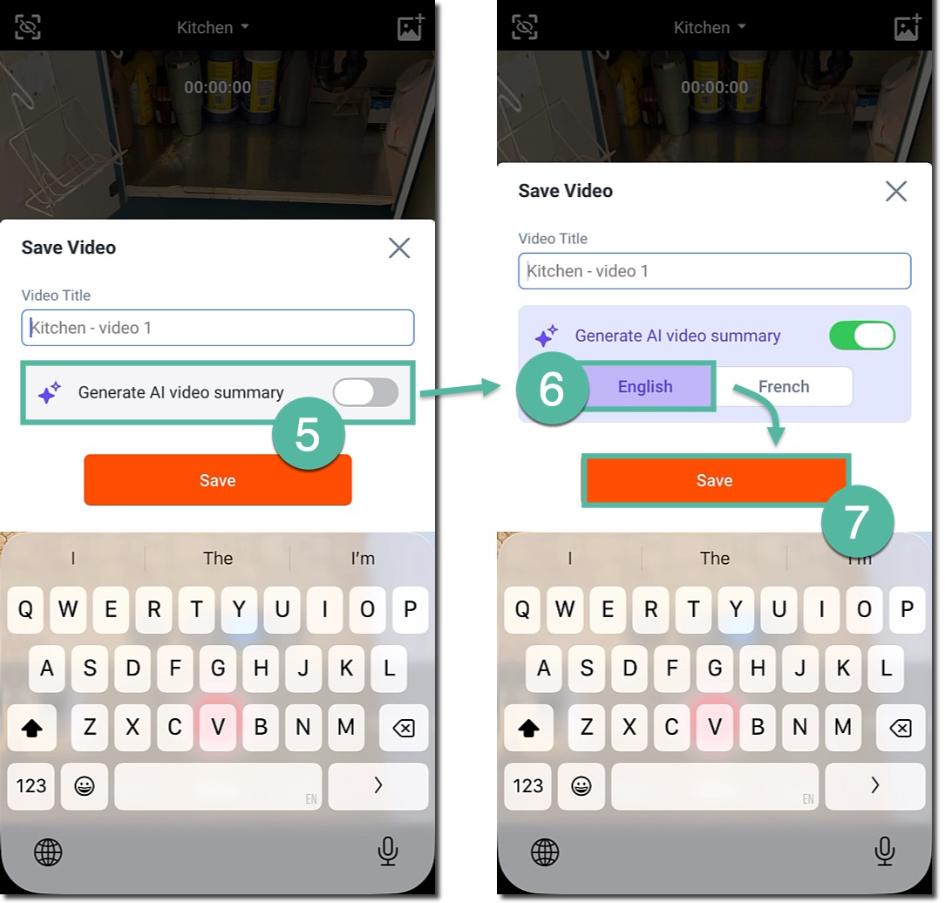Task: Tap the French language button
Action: coord(784,386)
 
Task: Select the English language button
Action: coord(645,386)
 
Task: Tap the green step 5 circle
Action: coord(308,434)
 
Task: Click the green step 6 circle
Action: coord(552,389)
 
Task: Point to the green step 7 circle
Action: coord(857,522)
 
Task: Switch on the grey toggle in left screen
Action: coord(366,393)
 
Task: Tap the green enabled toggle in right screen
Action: coord(862,336)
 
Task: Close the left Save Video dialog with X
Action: coord(399,248)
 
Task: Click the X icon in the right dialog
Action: coord(896,192)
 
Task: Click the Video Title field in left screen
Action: coord(218,328)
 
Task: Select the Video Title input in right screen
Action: coord(714,271)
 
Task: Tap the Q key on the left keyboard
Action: coord(25,609)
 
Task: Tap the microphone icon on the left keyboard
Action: coord(388,852)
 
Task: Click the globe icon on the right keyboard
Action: coord(545,852)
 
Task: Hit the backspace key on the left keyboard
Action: coord(403,728)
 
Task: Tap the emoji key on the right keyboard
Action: coord(581,786)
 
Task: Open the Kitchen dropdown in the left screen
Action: coord(213,27)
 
